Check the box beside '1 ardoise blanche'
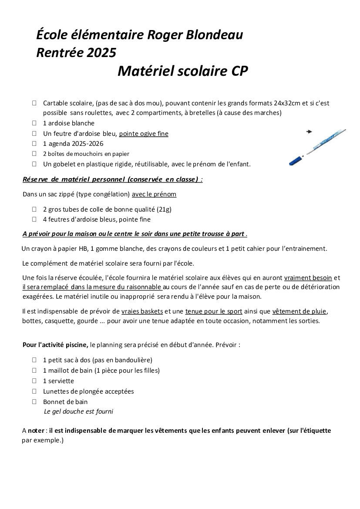pyautogui.click(x=34, y=123)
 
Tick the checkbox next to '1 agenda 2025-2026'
pyautogui.click(x=34, y=144)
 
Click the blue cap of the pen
pyautogui.click(x=296, y=160)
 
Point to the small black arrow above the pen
pyautogui.click(x=310, y=131)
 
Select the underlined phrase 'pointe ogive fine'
pyautogui.click(x=144, y=134)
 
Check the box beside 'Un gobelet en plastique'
pyautogui.click(x=34, y=164)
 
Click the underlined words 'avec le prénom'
pyautogui.click(x=154, y=194)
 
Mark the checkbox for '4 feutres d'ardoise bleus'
pyautogui.click(x=34, y=219)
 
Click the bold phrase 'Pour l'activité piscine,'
pyautogui.click(x=55, y=345)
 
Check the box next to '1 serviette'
pyautogui.click(x=34, y=381)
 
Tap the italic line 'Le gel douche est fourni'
pyautogui.click(x=78, y=411)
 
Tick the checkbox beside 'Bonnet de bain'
pyautogui.click(x=34, y=402)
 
